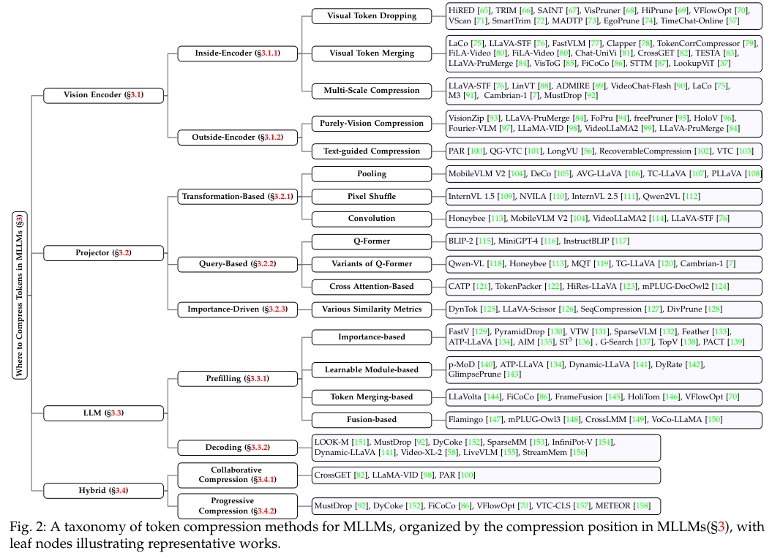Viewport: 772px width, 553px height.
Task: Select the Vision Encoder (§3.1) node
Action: tap(103, 94)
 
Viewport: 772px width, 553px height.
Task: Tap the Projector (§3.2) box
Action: tap(103, 253)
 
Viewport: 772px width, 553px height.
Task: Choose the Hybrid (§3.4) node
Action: tap(103, 490)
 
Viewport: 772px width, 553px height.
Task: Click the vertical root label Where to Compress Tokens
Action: tap(20, 295)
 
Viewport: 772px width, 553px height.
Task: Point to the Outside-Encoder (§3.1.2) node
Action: tap(239, 137)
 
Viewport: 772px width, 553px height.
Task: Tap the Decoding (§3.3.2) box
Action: tap(239, 447)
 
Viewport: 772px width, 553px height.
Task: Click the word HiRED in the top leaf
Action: tap(461, 10)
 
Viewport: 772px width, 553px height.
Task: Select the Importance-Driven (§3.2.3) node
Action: tap(239, 309)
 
